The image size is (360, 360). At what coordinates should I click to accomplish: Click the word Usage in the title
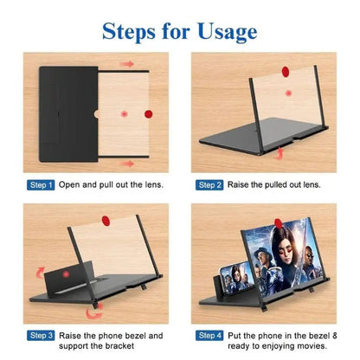[x=226, y=32]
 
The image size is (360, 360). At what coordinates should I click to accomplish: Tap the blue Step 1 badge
[x=42, y=185]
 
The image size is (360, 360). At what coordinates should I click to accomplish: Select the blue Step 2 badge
[x=210, y=185]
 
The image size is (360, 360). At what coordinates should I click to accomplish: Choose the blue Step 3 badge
[x=42, y=335]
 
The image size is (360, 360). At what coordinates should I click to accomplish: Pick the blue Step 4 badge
[x=210, y=335]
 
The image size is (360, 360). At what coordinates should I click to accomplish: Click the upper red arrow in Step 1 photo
[x=128, y=64]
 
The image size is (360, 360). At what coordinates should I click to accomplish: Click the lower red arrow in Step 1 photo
[x=128, y=163]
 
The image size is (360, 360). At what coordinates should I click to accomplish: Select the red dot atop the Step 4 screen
[x=279, y=218]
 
